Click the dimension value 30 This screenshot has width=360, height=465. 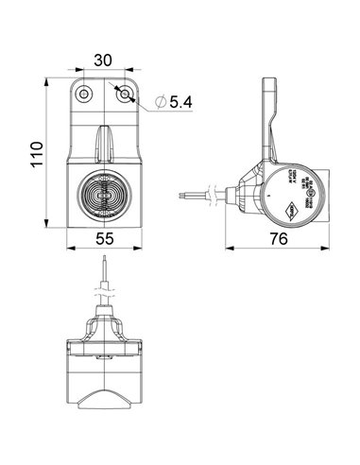104,60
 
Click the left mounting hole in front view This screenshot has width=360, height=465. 85,94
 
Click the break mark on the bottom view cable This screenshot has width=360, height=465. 105,295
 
